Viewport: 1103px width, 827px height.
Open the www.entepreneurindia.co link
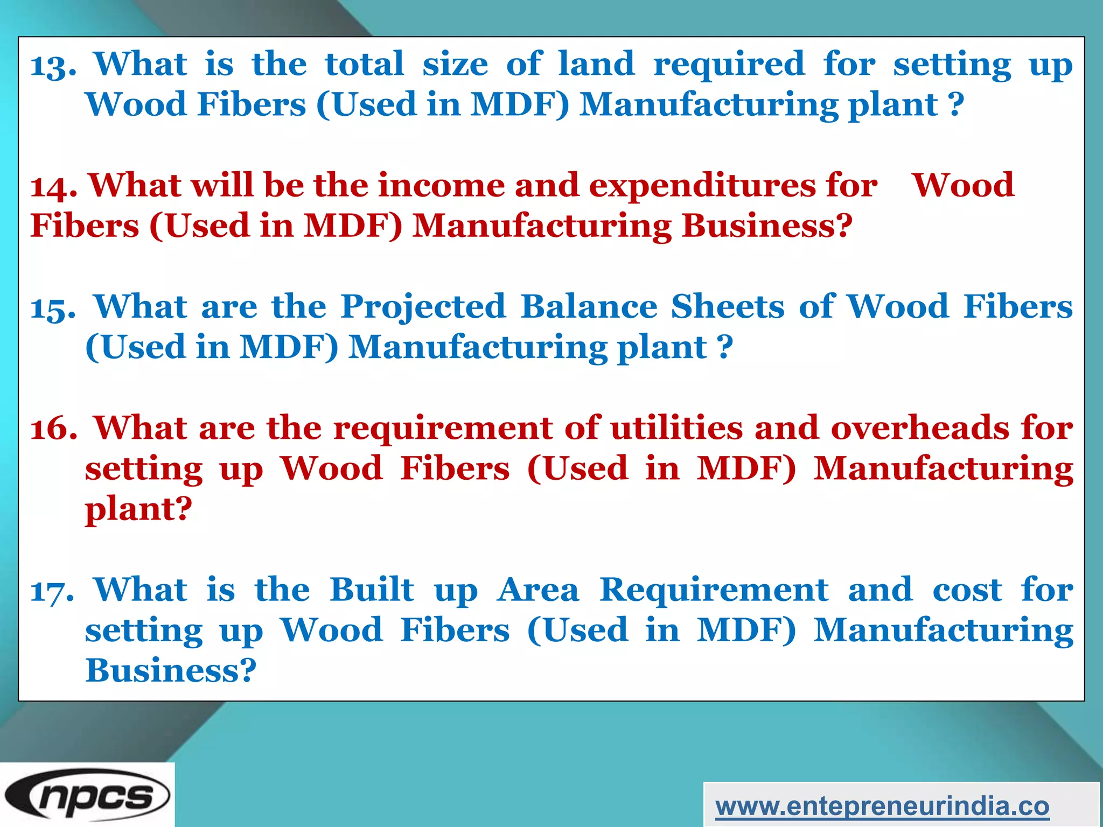(x=882, y=807)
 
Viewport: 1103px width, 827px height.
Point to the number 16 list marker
(x=53, y=430)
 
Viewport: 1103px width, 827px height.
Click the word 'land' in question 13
(x=596, y=64)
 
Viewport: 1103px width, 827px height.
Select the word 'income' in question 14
(x=441, y=185)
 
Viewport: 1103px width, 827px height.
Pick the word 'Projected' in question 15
(x=423, y=307)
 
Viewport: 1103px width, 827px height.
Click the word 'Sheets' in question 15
(x=728, y=306)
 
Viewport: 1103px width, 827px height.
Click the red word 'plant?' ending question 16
(x=138, y=509)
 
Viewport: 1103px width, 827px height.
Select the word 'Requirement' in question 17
(x=714, y=590)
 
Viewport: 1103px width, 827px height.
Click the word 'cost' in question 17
(x=967, y=590)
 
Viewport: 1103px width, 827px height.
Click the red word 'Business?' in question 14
(x=767, y=226)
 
